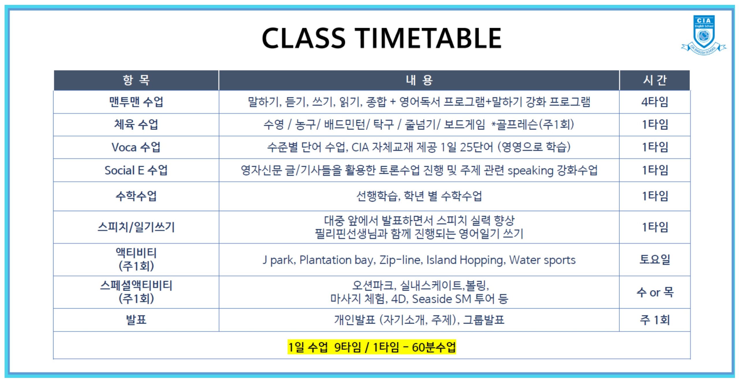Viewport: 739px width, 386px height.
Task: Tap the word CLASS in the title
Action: [x=303, y=38]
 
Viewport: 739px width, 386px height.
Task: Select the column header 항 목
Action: [x=136, y=80]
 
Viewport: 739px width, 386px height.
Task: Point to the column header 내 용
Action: [x=419, y=80]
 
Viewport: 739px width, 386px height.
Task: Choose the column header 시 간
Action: [x=654, y=80]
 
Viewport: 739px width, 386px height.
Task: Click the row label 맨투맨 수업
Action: [x=136, y=102]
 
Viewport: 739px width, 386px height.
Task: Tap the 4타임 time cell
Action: [x=655, y=102]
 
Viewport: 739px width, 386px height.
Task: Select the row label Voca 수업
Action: [x=136, y=147]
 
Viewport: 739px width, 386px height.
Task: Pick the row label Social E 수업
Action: [x=136, y=170]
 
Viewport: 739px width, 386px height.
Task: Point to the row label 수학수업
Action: [x=136, y=196]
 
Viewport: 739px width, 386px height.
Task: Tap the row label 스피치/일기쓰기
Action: [x=136, y=227]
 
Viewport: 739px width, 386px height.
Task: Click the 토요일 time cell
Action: [x=655, y=259]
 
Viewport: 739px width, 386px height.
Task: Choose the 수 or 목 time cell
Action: [x=655, y=292]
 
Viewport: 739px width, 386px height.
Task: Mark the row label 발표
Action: [x=136, y=320]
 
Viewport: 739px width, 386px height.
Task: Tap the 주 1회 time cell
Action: [x=655, y=320]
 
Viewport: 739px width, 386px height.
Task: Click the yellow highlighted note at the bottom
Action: [x=372, y=347]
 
